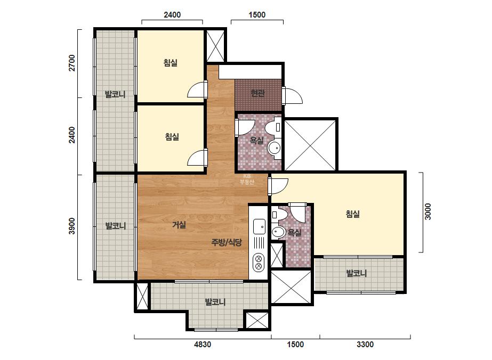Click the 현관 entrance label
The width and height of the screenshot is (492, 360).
[257, 93]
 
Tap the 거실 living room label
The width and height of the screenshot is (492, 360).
[179, 225]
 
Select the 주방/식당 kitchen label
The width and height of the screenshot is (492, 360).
[227, 242]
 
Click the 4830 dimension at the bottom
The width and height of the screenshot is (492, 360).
[203, 345]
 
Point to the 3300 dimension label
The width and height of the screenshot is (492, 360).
[365, 345]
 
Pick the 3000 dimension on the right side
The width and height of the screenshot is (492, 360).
[428, 211]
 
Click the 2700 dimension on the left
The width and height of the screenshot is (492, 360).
[72, 63]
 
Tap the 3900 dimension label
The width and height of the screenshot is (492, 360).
[72, 226]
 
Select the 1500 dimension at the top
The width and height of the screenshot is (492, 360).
[257, 15]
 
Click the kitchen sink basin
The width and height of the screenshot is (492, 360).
[259, 226]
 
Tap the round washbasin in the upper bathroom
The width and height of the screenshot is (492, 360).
[275, 148]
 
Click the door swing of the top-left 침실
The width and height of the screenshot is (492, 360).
[197, 90]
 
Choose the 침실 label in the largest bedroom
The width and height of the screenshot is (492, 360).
[353, 214]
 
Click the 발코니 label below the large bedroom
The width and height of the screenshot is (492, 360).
[357, 273]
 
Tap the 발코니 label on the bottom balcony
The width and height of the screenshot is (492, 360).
[215, 302]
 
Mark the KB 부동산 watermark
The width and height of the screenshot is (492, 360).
[247, 179]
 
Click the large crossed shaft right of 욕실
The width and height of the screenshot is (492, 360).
[310, 144]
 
